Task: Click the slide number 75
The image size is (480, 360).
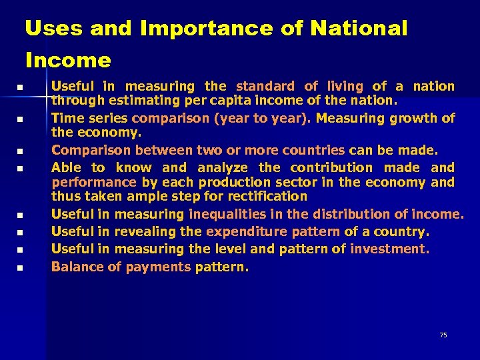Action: [443, 335]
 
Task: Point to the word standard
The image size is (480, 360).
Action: [265, 86]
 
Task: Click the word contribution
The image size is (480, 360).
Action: [331, 167]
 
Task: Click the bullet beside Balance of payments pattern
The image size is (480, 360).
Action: [20, 268]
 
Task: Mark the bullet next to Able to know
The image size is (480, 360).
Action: [20, 169]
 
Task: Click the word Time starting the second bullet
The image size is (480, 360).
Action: [66, 119]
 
